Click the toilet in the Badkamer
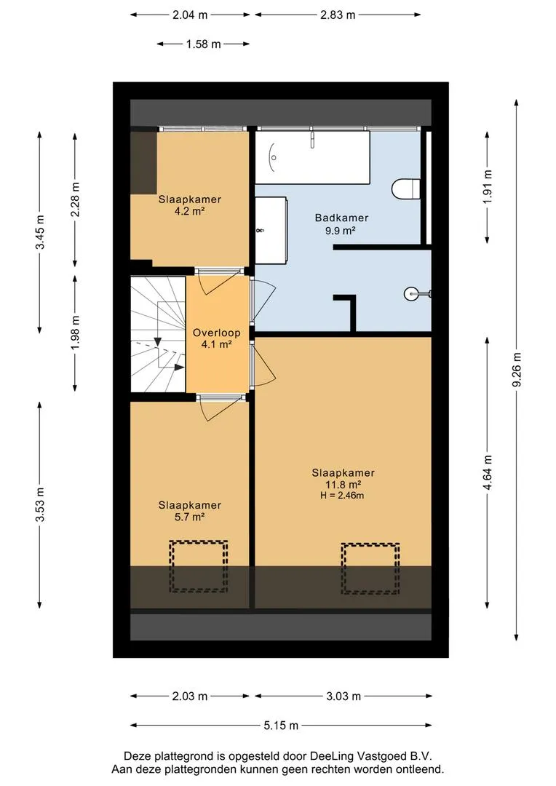point(405,189)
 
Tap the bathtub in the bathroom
point(312,157)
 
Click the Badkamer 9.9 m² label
point(341,224)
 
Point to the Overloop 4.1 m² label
point(217,338)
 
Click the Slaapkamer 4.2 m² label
point(189,205)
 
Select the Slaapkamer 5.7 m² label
point(189,511)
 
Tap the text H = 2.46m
point(342,496)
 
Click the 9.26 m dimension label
point(517,370)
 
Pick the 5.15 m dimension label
point(281,725)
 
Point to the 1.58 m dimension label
point(204,44)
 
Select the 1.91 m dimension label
point(488,186)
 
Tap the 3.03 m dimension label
point(343,696)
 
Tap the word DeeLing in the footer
point(330,756)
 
